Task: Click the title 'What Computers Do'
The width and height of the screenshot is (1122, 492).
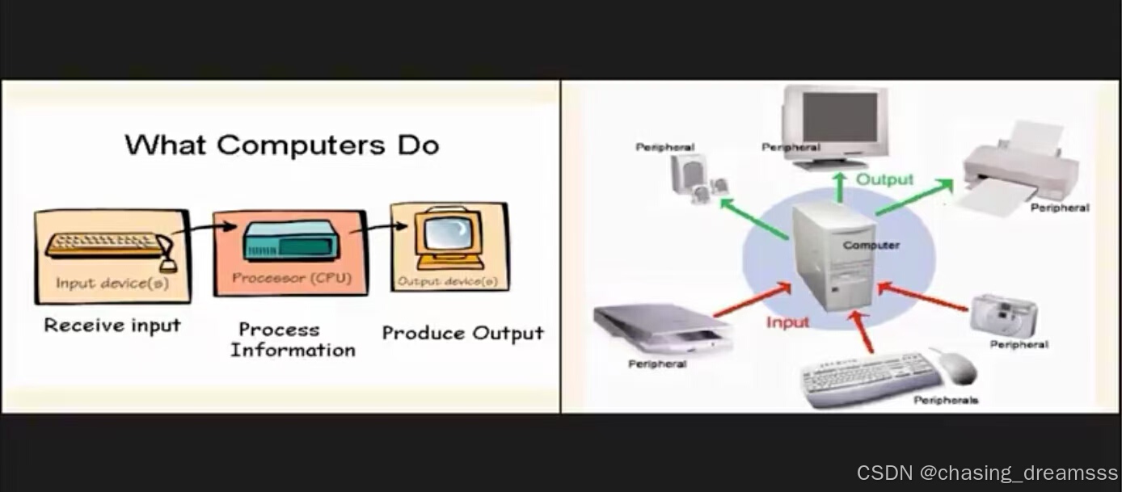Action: click(282, 145)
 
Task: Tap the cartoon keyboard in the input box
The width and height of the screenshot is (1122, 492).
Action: click(106, 245)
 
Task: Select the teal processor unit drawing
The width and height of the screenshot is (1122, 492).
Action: click(289, 240)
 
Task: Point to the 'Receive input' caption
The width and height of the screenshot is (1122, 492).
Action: click(112, 326)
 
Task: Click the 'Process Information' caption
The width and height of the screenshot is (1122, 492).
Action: click(293, 340)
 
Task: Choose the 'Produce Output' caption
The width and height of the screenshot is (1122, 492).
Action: click(462, 333)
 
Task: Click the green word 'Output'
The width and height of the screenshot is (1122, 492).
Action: click(884, 179)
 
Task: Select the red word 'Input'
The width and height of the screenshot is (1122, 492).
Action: click(787, 322)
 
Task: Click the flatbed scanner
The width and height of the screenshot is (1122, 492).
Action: click(660, 327)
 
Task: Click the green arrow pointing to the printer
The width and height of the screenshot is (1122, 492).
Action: click(913, 197)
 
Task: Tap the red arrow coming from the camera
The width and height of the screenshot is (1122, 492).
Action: click(922, 296)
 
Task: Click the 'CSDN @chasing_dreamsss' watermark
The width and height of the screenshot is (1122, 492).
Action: click(987, 473)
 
